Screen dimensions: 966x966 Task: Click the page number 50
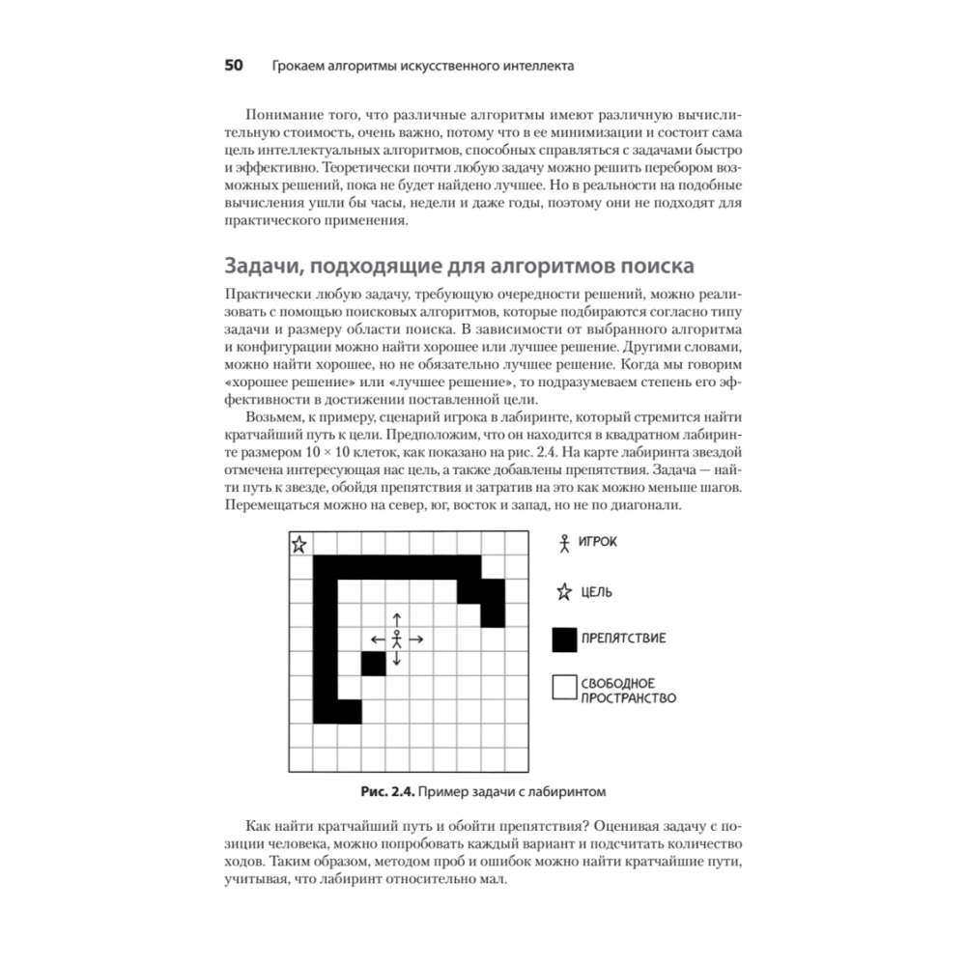[x=233, y=67]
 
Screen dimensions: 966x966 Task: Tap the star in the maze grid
[x=299, y=544]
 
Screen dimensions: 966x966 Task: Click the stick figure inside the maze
[x=397, y=639]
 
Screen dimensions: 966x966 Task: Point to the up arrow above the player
[x=397, y=619]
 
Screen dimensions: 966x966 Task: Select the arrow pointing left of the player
[x=377, y=639]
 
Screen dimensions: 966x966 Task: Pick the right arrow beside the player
[x=417, y=639]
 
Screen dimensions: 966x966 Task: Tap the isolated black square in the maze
[x=373, y=663]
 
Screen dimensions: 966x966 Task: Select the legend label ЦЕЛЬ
[x=595, y=592]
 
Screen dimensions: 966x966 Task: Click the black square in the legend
[x=563, y=639]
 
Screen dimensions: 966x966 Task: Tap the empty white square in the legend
[x=563, y=687]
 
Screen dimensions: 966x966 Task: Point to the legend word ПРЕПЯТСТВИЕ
[x=622, y=639]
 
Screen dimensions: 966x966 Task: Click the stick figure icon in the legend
[x=564, y=543]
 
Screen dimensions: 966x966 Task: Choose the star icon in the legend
[x=564, y=591]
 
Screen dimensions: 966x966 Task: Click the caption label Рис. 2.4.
[x=386, y=792]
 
